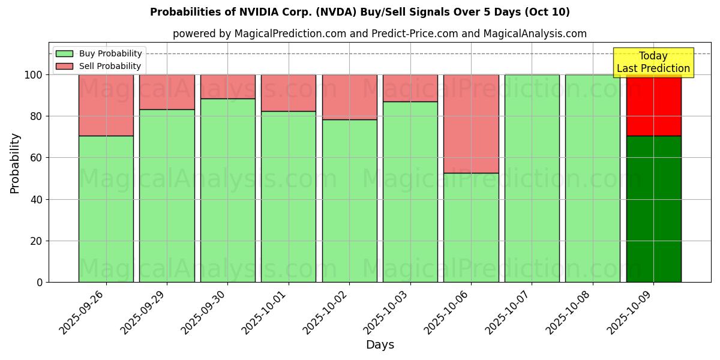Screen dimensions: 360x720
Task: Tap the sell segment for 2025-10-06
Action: point(471,124)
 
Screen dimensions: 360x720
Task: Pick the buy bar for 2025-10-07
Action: point(532,178)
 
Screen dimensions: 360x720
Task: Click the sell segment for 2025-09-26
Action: point(106,105)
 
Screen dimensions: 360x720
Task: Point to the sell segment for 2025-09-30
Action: point(227,86)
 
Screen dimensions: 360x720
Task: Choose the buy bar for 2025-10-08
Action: point(592,178)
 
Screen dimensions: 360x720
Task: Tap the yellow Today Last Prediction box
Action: point(653,62)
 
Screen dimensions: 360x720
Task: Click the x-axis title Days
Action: point(380,345)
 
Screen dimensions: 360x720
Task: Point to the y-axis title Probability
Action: point(15,163)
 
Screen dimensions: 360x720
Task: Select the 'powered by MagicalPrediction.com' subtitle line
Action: point(379,34)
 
